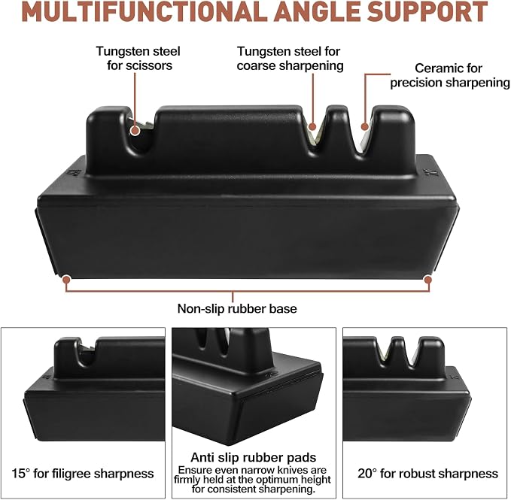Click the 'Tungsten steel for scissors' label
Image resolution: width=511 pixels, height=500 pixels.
tap(138, 58)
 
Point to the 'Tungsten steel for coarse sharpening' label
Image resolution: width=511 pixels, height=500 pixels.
tap(290, 58)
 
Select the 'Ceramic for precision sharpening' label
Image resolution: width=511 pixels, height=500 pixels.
tap(450, 75)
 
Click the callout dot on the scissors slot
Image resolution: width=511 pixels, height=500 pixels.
tap(135, 131)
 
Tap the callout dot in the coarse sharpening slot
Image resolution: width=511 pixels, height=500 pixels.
tap(312, 126)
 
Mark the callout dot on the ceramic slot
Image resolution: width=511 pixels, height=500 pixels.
tap(365, 126)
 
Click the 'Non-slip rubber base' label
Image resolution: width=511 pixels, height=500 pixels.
tap(237, 308)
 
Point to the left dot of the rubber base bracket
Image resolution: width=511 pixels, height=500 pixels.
tap(66, 279)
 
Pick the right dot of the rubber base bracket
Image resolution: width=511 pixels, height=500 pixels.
tap(428, 280)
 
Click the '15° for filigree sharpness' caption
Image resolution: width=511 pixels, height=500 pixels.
tap(83, 473)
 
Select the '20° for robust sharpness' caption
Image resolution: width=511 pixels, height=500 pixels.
tap(428, 473)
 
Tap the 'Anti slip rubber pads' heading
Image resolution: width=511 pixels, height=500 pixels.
tap(253, 457)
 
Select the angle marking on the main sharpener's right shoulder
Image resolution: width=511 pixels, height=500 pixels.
tap(427, 172)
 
